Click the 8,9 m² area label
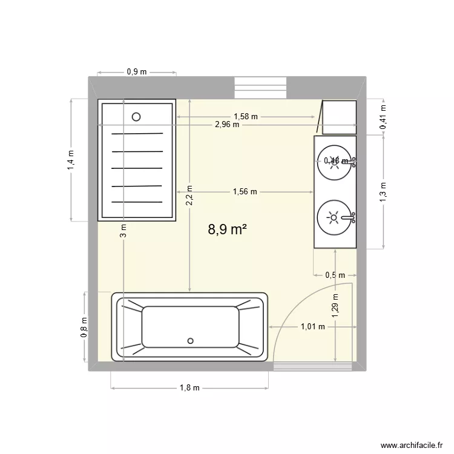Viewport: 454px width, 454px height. pyautogui.click(x=228, y=229)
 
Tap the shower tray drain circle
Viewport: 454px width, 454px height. pyautogui.click(x=136, y=117)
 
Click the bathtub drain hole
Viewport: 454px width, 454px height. pyautogui.click(x=191, y=340)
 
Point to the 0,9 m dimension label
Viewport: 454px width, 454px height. pyautogui.click(x=137, y=71)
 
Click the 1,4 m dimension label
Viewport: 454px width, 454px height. pyautogui.click(x=71, y=160)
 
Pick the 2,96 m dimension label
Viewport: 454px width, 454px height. pyautogui.click(x=227, y=125)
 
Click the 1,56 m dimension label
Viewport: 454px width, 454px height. pyautogui.click(x=245, y=192)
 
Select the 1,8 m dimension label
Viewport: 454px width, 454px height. pyautogui.click(x=189, y=388)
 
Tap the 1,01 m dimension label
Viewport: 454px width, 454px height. pyautogui.click(x=313, y=327)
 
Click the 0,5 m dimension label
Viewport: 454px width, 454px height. pyautogui.click(x=335, y=275)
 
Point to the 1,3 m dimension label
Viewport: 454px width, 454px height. pyautogui.click(x=383, y=191)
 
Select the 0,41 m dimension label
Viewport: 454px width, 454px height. pyautogui.click(x=383, y=117)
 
